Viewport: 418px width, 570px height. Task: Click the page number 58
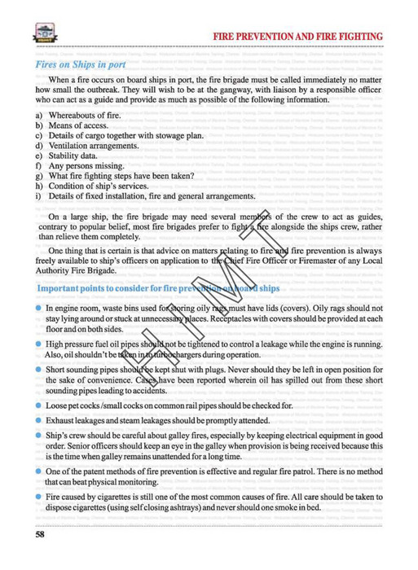pos(40,534)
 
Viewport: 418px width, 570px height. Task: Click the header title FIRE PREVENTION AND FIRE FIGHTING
pos(298,37)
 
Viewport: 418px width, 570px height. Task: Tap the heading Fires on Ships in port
pos(81,63)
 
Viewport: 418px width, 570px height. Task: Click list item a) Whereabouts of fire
pos(88,115)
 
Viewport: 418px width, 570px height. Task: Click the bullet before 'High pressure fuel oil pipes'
pos(38,344)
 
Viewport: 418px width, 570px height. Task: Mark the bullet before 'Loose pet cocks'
pos(38,405)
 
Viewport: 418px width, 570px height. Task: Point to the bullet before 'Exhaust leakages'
pos(38,420)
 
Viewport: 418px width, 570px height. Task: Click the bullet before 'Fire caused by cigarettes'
pos(38,496)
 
